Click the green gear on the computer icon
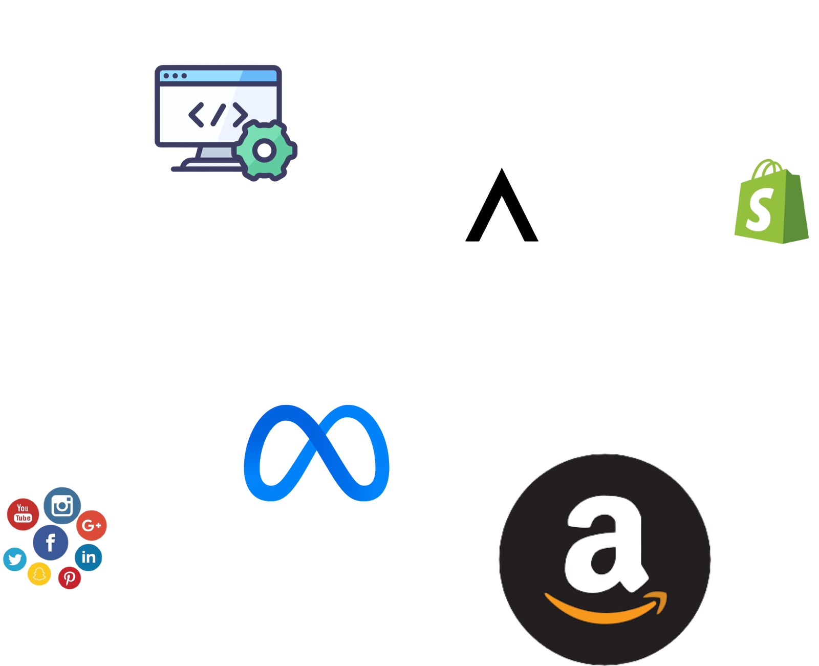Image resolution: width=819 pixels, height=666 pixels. click(265, 151)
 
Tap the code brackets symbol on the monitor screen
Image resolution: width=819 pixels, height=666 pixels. click(218, 115)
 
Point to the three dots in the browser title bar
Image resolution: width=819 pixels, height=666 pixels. click(175, 76)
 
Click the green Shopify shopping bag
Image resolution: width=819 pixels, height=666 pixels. click(771, 202)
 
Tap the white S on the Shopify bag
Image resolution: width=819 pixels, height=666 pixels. click(760, 210)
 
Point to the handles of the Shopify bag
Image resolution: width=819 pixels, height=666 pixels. click(767, 168)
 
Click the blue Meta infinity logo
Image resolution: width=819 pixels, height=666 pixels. click(316, 453)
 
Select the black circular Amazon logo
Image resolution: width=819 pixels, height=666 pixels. click(605, 560)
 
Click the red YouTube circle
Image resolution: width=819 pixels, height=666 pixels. click(23, 514)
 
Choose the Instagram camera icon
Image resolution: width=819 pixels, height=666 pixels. click(62, 506)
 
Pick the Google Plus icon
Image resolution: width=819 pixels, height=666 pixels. click(92, 525)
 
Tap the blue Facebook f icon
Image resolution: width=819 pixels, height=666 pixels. click(51, 543)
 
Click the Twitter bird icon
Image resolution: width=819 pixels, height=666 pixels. click(15, 559)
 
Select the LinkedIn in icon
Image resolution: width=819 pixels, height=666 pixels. click(89, 557)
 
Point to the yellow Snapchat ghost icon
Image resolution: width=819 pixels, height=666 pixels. click(39, 574)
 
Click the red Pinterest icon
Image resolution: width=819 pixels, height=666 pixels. click(70, 577)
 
